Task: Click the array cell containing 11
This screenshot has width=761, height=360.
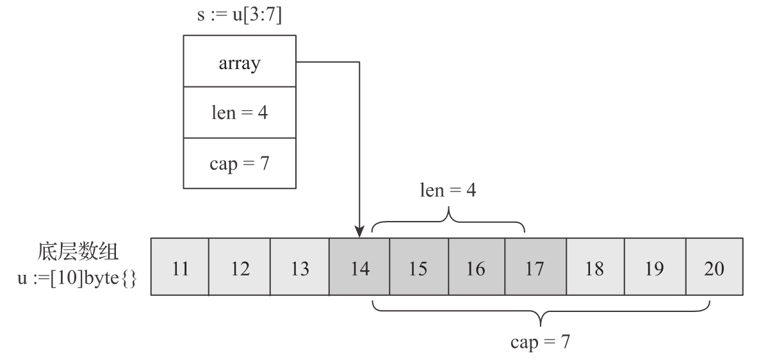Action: (180, 267)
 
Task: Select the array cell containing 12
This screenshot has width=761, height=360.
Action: (240, 267)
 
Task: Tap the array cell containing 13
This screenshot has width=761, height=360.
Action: (299, 267)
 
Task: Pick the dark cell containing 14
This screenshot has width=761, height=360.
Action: (359, 267)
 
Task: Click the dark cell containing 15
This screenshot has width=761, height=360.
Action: (419, 267)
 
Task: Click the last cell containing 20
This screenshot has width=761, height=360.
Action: (714, 267)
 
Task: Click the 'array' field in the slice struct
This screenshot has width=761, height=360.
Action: (240, 64)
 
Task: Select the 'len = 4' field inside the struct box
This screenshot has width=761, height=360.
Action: (240, 114)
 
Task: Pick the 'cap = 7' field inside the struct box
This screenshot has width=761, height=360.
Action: (240, 163)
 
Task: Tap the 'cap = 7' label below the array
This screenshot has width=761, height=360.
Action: (540, 341)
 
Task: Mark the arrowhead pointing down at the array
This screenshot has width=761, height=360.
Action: (359, 233)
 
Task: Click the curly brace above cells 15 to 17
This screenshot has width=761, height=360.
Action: (448, 221)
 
